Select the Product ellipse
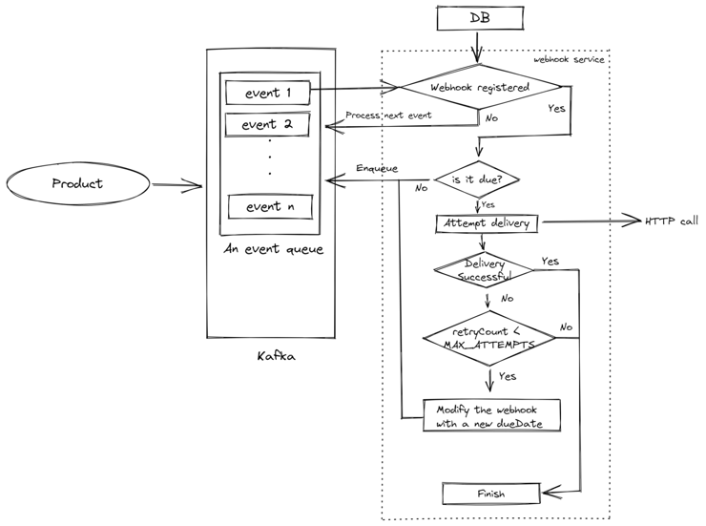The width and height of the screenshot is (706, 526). point(77,183)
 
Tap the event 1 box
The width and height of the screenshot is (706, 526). point(268,93)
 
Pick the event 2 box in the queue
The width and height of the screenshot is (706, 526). point(268,124)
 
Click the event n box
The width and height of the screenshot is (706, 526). point(270,206)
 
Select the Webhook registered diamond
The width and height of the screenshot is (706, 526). point(480,87)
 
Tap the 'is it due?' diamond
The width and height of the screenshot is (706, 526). point(477,179)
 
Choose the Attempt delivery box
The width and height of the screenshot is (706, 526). point(487,223)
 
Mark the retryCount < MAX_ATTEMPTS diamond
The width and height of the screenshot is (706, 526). point(488,336)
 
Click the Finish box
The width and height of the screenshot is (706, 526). point(490,494)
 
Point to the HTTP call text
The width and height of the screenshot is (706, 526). point(672,221)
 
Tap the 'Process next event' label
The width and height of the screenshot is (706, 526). point(388,116)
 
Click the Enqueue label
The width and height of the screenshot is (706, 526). point(377,168)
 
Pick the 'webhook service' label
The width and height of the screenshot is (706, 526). point(569,59)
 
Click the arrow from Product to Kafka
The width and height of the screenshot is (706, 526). point(177,185)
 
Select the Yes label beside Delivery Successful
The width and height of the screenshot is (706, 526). point(550,261)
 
